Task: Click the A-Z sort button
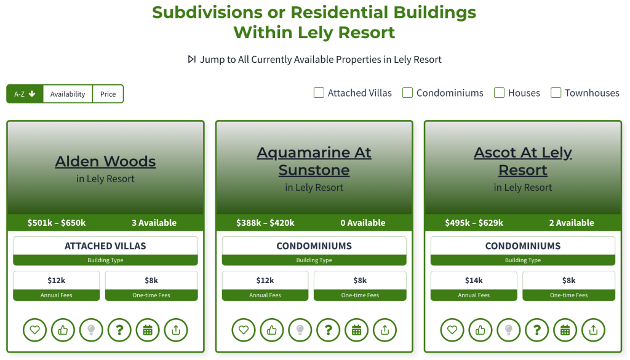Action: [25, 94]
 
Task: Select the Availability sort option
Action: [68, 94]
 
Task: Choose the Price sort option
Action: [108, 94]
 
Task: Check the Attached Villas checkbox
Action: [319, 93]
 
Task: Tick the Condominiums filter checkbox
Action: [407, 93]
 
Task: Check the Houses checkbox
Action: [499, 93]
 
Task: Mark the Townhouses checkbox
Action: [556, 93]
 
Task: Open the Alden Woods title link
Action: [105, 161]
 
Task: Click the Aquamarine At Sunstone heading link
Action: [314, 161]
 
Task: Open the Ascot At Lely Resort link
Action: [523, 161]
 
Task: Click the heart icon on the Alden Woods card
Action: [35, 330]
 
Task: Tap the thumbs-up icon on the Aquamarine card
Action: [272, 330]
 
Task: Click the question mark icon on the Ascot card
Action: [536, 330]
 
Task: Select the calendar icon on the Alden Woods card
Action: [148, 330]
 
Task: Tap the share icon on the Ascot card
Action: [594, 330]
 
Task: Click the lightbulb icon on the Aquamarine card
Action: [300, 330]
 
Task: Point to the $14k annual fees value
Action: [474, 281]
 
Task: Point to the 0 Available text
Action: [363, 223]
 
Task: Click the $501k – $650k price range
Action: [57, 223]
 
